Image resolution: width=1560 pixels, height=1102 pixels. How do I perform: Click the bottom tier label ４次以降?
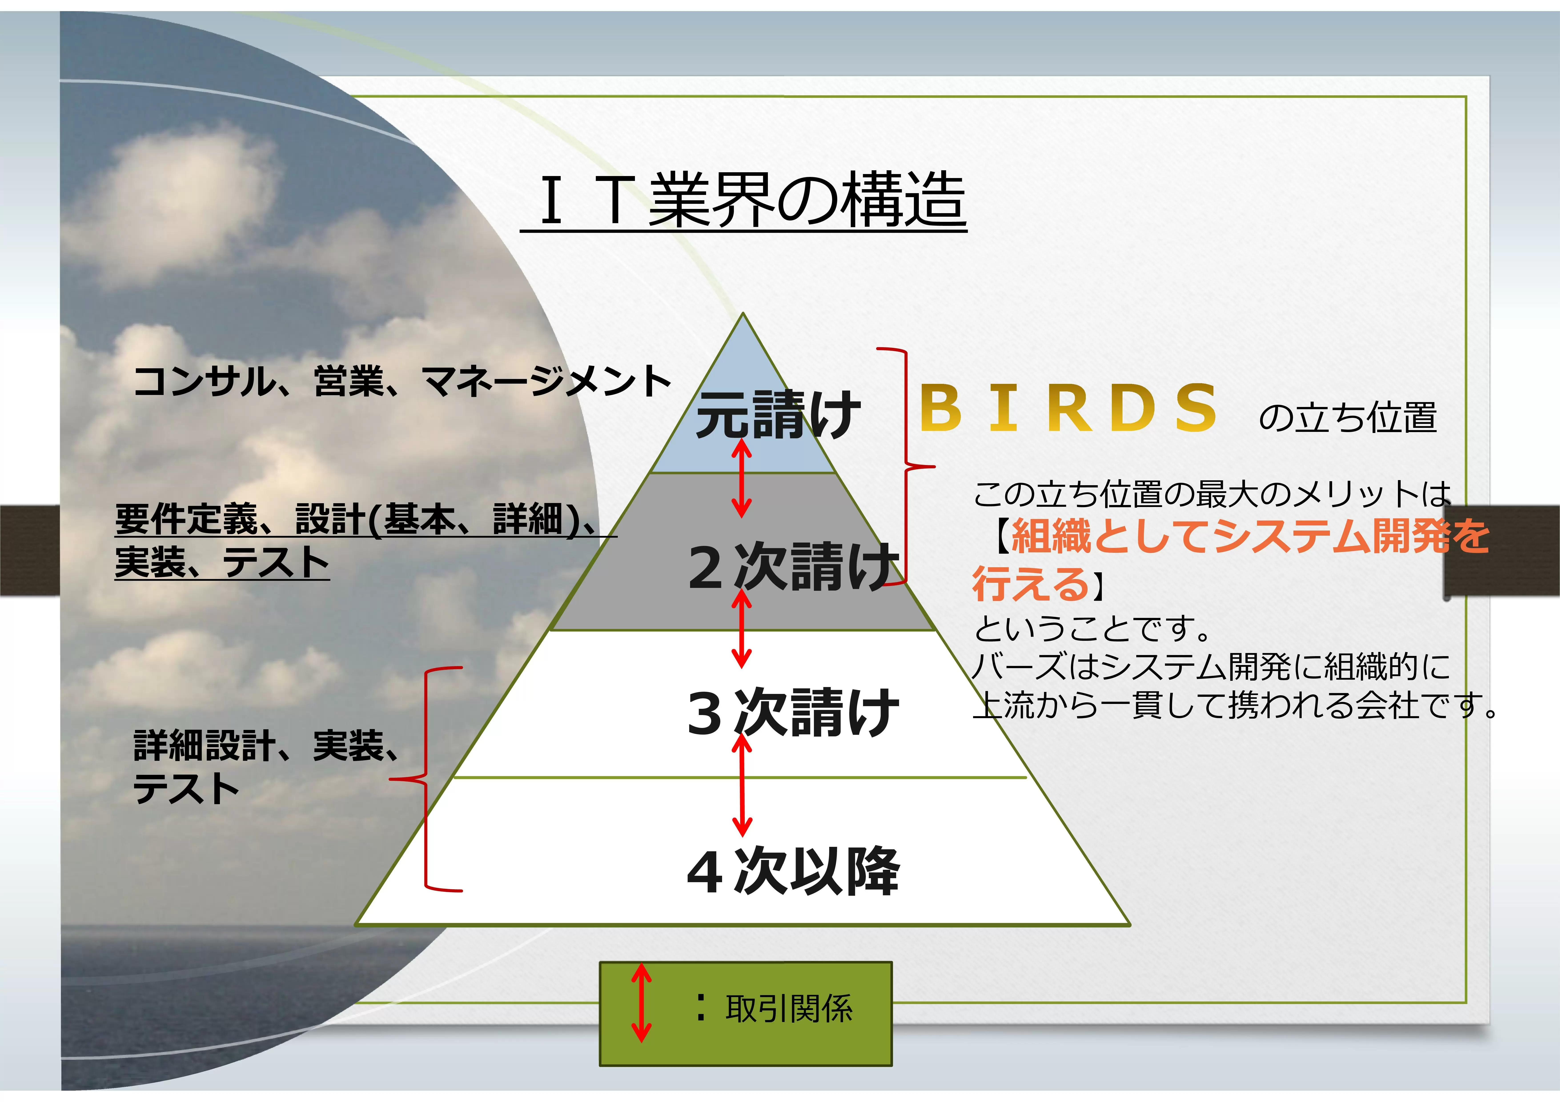[x=793, y=872]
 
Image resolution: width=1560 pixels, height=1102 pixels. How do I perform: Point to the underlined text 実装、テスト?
[x=222, y=562]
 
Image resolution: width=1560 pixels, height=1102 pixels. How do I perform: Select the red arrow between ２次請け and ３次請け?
[x=741, y=628]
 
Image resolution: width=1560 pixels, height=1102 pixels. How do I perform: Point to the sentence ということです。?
[x=1092, y=628]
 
